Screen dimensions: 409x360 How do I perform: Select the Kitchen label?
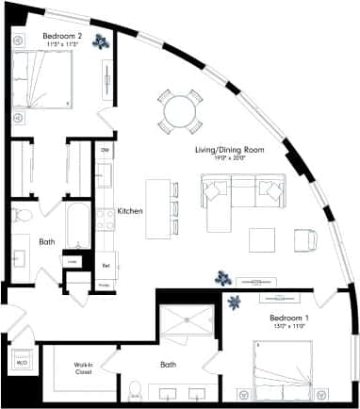(x=130, y=211)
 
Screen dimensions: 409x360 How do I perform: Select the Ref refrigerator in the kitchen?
(x=106, y=265)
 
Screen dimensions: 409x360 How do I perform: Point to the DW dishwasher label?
(x=105, y=150)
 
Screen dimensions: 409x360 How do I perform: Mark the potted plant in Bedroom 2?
(x=101, y=41)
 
